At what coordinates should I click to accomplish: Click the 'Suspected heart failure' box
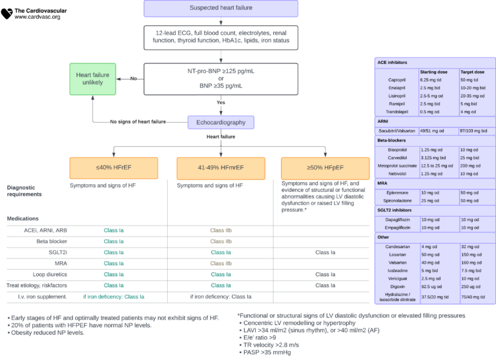point(221,8)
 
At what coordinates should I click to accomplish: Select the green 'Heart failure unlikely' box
point(93,79)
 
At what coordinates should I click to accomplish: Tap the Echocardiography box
point(221,122)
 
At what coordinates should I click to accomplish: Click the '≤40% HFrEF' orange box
point(114,167)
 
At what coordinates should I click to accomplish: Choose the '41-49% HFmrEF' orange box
point(221,167)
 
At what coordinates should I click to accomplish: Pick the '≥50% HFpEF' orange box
point(325,167)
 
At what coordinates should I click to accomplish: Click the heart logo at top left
point(7,13)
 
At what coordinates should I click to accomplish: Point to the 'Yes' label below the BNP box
point(220,102)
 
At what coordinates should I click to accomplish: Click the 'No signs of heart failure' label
point(138,122)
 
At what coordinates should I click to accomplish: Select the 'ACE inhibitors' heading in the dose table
point(393,63)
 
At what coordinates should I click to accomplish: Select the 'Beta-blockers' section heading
point(393,140)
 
